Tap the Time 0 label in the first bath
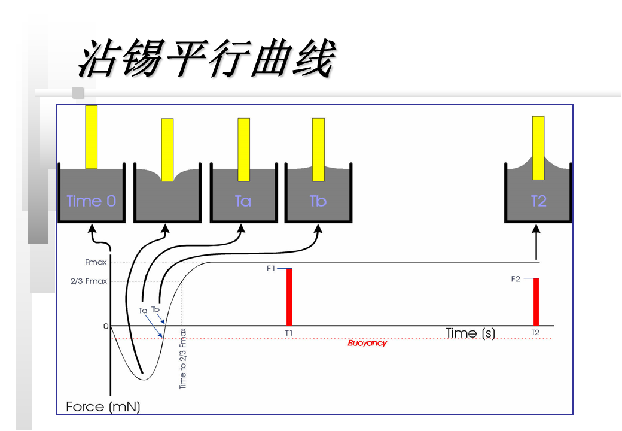point(91,201)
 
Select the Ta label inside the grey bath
point(243,201)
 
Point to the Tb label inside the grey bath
point(318,201)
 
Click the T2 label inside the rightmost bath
point(539,201)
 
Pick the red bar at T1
point(289,297)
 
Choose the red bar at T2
point(536,302)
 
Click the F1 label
point(271,269)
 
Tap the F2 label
point(516,279)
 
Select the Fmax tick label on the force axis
point(96,262)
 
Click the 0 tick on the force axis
point(106,326)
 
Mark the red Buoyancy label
point(367,343)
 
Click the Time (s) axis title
point(470,333)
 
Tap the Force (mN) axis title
point(103,407)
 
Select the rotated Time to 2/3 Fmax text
point(184,359)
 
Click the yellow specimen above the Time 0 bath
point(91,137)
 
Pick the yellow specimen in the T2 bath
point(538,148)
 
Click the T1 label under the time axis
point(289,333)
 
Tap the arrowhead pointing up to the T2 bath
point(536,229)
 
